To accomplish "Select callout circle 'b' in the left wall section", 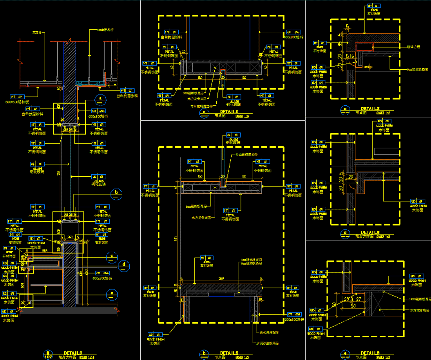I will [116, 193].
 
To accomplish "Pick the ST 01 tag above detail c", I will [373, 6].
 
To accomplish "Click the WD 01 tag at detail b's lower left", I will [154, 335].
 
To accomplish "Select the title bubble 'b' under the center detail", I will [205, 355].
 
